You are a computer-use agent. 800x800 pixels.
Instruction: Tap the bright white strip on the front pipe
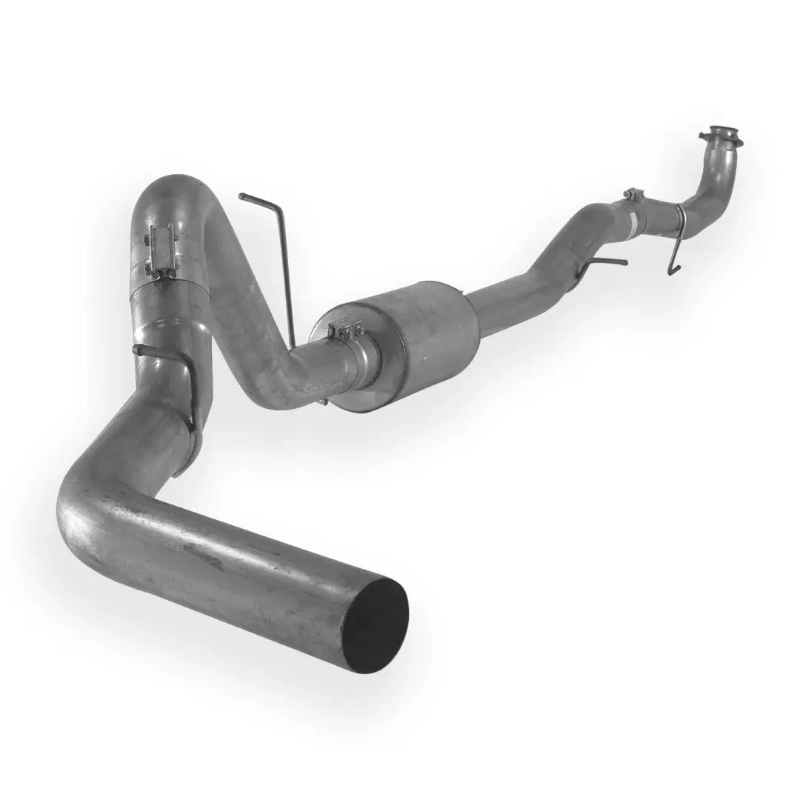(x=634, y=220)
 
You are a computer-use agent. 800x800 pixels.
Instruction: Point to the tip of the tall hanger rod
(x=243, y=196)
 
